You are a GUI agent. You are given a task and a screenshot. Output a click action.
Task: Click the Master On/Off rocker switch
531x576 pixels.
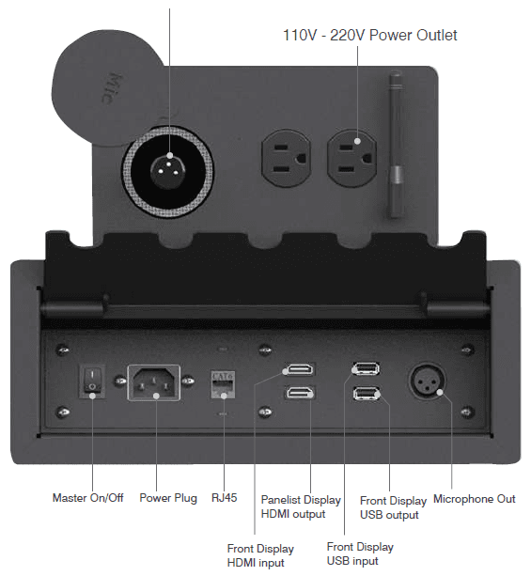(x=92, y=381)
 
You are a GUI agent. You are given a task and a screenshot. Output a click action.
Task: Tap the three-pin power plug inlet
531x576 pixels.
(x=153, y=382)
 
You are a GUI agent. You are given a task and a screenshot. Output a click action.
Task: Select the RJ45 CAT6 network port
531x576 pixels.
(x=223, y=384)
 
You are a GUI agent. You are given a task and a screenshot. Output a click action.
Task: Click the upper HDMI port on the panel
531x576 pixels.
(x=300, y=368)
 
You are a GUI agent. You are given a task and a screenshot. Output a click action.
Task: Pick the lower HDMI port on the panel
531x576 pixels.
(x=300, y=393)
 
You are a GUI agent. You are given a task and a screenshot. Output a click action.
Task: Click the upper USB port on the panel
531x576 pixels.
(x=366, y=368)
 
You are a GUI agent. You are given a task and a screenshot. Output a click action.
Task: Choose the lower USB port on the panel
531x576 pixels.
(x=366, y=394)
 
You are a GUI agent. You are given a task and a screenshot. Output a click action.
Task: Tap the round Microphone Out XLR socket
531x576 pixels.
(x=427, y=381)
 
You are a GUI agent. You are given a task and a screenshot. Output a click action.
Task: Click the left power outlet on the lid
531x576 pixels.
(x=286, y=158)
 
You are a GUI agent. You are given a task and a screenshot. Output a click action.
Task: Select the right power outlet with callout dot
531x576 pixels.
(x=352, y=158)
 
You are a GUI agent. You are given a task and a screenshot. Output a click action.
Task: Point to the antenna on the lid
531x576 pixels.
(x=396, y=146)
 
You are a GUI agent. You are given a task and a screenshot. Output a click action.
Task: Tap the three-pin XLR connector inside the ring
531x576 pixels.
(x=168, y=171)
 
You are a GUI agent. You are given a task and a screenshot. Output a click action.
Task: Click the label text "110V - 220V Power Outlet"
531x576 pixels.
(x=369, y=36)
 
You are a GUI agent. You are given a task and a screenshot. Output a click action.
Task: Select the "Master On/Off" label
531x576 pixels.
(x=87, y=498)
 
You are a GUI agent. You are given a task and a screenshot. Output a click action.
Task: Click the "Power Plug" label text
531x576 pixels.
(x=168, y=498)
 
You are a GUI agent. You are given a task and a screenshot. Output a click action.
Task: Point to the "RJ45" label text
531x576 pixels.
(x=225, y=498)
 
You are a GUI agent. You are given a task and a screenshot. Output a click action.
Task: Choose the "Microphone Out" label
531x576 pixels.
(x=475, y=499)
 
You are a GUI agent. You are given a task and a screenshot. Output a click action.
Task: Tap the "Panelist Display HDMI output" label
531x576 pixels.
(x=301, y=507)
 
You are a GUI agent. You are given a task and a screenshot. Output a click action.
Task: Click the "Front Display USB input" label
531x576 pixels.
(x=360, y=554)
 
